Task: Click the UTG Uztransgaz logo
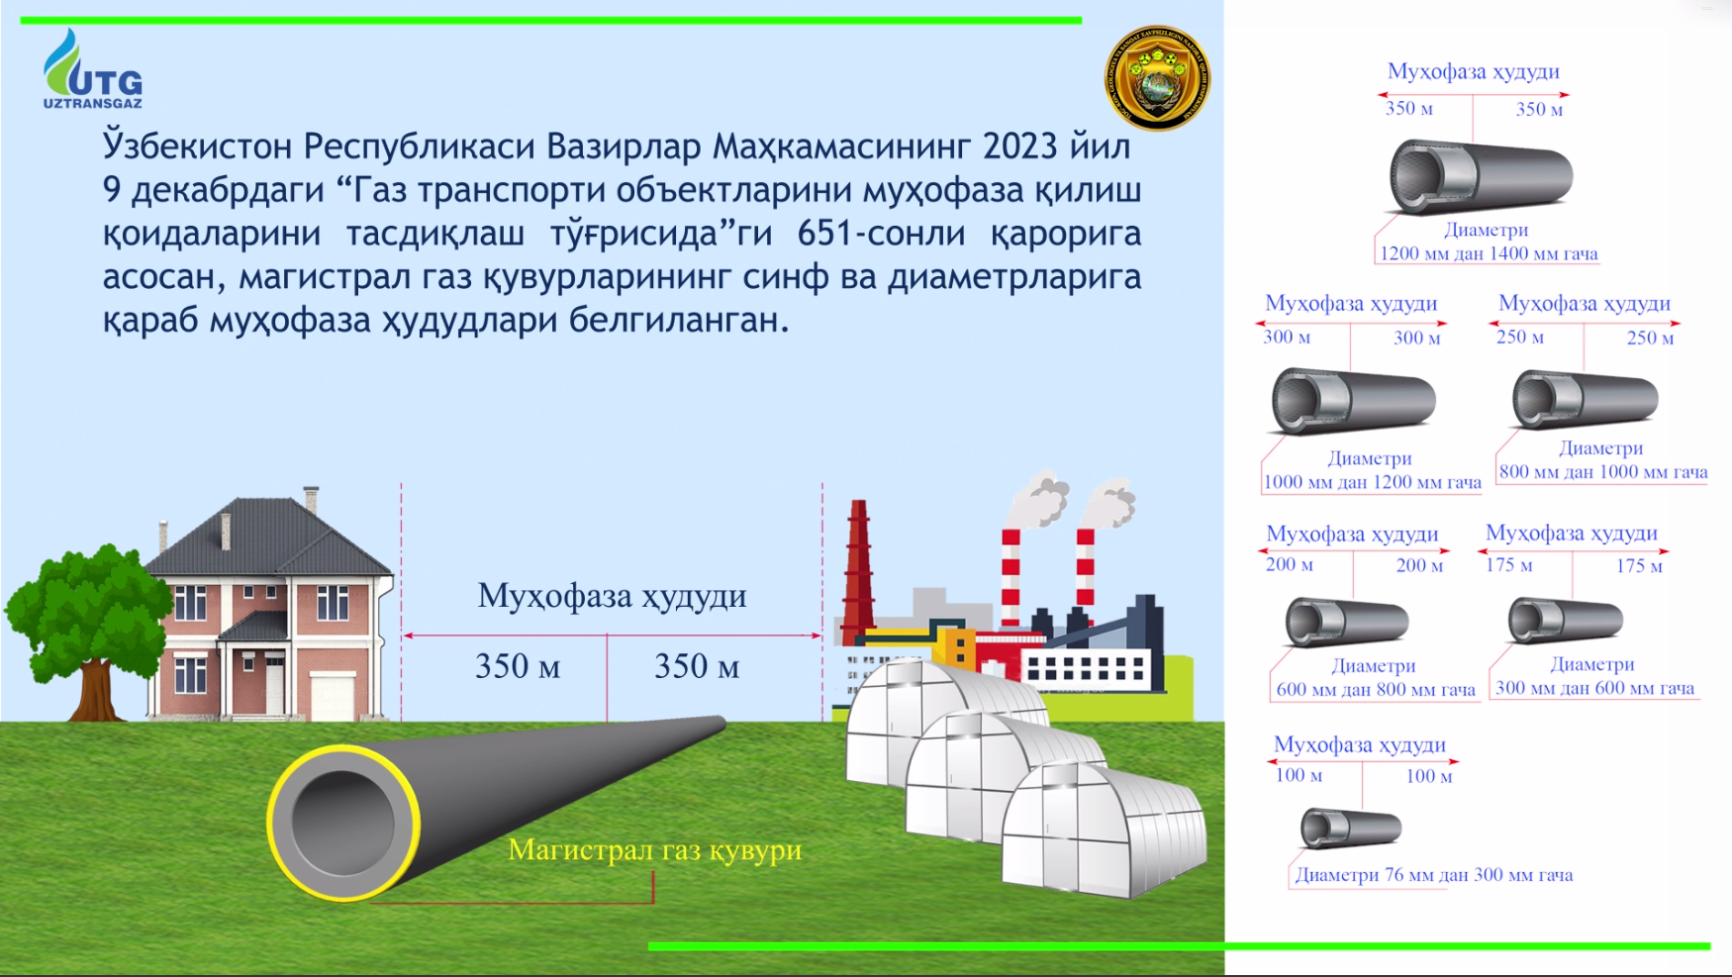(92, 68)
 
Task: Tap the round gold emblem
(1157, 78)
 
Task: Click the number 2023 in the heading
(1020, 147)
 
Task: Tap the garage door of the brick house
(333, 696)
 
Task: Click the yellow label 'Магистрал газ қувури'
(654, 850)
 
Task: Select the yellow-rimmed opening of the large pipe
(343, 823)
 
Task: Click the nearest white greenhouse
(1104, 830)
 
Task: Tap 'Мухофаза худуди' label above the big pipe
(612, 596)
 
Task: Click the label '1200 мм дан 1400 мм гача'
(1489, 253)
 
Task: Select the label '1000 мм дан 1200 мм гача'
(1372, 482)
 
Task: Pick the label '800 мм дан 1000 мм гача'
(1603, 472)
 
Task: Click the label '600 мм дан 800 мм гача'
(1376, 689)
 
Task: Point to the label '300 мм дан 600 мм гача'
(1594, 688)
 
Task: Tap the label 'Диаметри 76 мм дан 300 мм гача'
(1434, 875)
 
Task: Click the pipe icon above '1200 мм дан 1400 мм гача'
(1481, 177)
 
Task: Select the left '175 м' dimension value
(1508, 565)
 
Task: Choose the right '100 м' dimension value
(1429, 776)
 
